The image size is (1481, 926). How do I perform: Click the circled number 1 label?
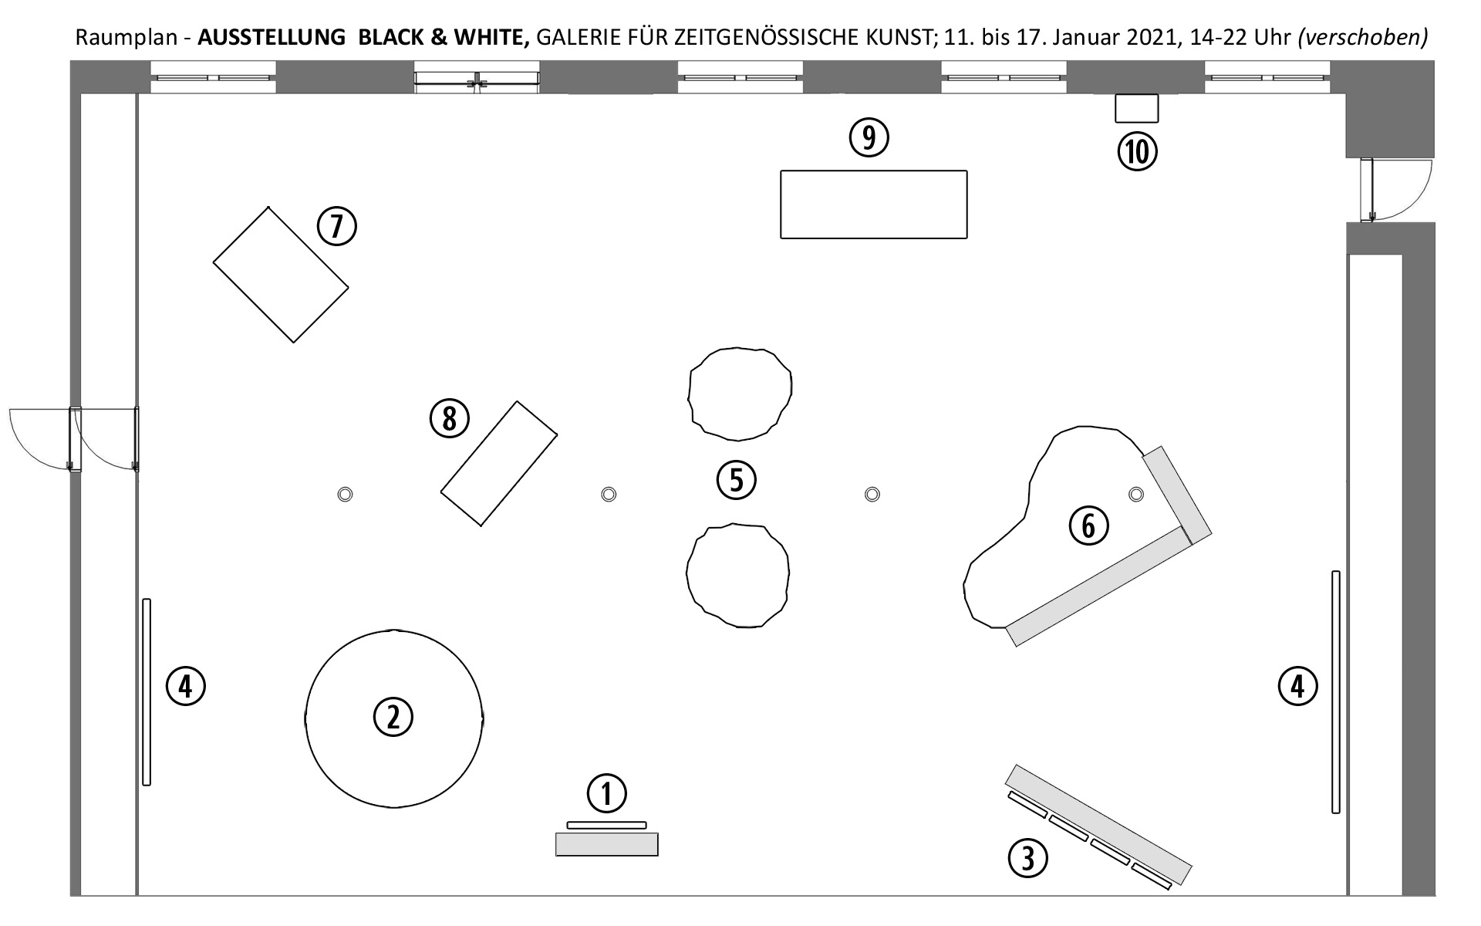[x=606, y=793]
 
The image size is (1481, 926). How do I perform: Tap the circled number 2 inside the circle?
[x=393, y=717]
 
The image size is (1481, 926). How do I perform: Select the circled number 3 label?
[x=1028, y=857]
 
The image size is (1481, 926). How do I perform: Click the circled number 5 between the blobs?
[x=736, y=480]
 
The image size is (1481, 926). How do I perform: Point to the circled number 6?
[x=1088, y=526]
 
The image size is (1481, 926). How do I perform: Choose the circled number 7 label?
[x=337, y=226]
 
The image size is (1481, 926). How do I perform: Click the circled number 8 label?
[x=449, y=419]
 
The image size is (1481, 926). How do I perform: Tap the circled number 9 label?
[x=869, y=137]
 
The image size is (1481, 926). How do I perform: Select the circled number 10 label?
[x=1138, y=151]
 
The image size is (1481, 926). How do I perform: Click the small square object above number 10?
[x=1137, y=108]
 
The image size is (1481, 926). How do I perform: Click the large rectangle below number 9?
[x=874, y=204]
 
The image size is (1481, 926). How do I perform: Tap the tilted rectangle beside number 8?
[x=499, y=464]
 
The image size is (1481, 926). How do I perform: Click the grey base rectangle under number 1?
[x=607, y=844]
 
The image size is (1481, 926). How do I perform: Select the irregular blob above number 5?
[x=740, y=394]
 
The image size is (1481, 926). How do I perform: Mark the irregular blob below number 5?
[x=737, y=576]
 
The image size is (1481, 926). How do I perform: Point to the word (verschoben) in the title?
[x=1362, y=37]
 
